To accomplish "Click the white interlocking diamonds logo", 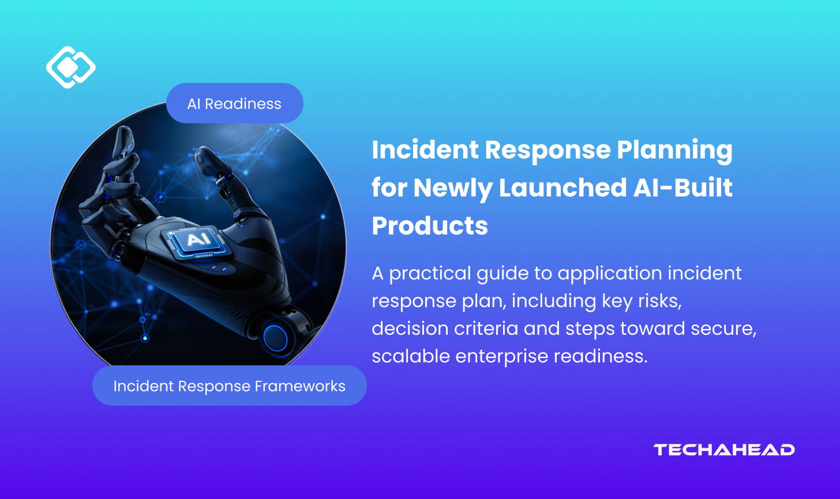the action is [71, 67].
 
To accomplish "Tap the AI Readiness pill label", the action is [234, 103].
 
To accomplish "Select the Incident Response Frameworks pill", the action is [229, 385].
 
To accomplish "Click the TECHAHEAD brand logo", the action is [723, 449].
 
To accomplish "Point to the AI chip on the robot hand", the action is [197, 240].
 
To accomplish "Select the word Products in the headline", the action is [430, 225].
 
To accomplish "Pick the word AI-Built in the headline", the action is [683, 187].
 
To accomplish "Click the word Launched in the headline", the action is [563, 187].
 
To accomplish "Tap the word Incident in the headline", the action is [425, 149].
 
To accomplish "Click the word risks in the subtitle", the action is [659, 301].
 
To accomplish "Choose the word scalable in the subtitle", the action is [411, 356].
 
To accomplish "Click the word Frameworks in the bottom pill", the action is [300, 386].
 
